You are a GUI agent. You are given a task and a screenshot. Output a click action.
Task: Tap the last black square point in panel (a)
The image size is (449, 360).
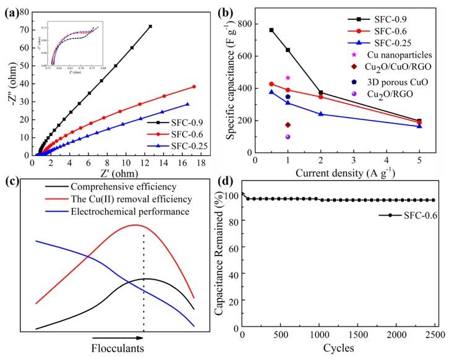(x=150, y=26)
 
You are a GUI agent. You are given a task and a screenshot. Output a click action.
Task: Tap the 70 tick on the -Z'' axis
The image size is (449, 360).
(x=25, y=29)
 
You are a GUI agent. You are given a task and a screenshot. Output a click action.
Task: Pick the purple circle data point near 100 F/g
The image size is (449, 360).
(x=288, y=137)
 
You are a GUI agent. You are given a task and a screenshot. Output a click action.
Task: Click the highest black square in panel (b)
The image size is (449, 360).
(x=272, y=30)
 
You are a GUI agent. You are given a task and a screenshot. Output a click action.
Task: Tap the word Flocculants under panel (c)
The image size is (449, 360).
(x=118, y=348)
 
